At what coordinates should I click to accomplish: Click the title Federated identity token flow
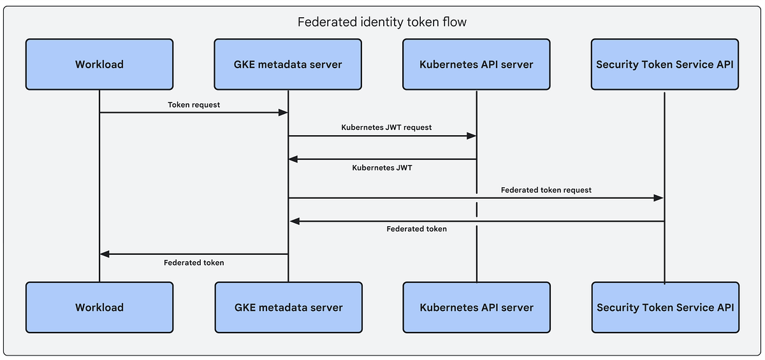tap(382, 22)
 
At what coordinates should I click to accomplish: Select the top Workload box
tap(99, 64)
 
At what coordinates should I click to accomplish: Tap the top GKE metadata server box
tap(288, 64)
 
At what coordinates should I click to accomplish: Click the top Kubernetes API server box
tap(476, 64)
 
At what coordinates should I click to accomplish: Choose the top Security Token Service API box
tap(665, 64)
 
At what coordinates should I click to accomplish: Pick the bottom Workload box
tap(99, 307)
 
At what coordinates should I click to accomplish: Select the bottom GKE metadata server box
tap(288, 307)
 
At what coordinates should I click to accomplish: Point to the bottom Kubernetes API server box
tap(476, 307)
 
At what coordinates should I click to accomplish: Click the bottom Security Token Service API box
tap(665, 307)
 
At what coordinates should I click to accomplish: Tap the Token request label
tap(194, 104)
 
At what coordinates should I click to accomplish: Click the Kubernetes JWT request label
tap(386, 127)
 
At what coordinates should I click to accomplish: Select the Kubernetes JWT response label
tap(382, 168)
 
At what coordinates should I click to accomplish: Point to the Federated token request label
tap(546, 190)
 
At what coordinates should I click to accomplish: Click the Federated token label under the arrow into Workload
tap(194, 262)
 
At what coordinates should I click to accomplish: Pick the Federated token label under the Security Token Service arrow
tap(416, 229)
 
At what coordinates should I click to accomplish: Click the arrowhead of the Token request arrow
tap(283, 113)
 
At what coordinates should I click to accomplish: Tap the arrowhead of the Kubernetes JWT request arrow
tap(472, 136)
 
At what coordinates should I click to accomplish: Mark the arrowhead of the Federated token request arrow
tap(659, 198)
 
